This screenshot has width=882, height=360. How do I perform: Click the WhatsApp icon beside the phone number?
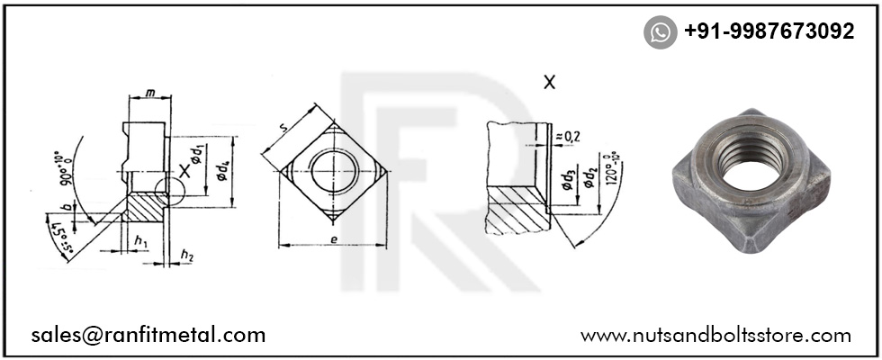pos(660,32)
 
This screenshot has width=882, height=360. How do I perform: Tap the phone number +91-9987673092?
pos(769,31)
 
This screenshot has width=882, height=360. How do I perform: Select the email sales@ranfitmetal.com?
pos(148,335)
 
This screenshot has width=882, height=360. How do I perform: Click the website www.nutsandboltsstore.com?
pos(715,335)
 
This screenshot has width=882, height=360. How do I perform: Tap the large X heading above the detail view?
pos(549,82)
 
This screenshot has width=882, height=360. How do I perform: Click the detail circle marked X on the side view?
pos(168,190)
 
